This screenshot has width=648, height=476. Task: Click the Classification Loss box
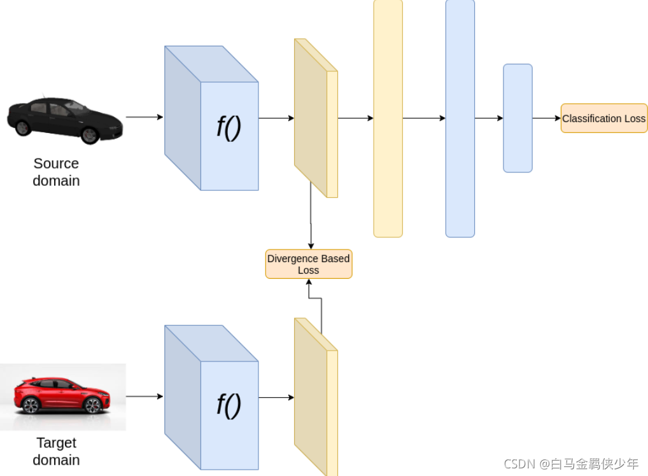603,118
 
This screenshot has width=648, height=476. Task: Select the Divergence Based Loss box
309,264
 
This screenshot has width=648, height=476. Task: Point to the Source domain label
56,172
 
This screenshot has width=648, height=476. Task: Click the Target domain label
56,451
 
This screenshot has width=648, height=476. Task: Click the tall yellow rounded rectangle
388,118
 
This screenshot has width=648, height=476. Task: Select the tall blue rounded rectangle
460,118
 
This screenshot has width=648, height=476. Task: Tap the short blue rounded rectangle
518,118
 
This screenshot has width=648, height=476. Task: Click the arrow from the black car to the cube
144,117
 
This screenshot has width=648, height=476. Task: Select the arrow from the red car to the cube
144,396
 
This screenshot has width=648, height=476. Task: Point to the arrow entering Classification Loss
546,118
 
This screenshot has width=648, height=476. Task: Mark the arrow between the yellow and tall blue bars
424,118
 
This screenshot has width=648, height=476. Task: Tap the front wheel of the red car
93,405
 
